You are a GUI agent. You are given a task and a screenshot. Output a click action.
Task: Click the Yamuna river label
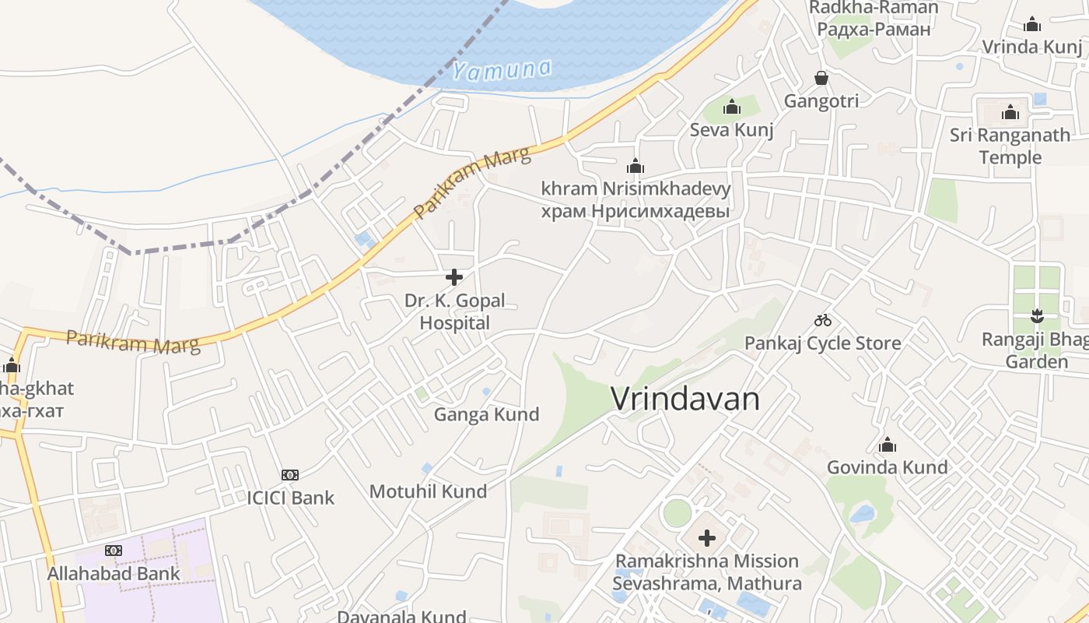click(x=502, y=70)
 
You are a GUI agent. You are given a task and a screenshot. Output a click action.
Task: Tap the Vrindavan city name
click(x=685, y=399)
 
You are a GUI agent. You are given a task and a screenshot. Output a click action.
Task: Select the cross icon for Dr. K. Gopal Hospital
click(x=454, y=276)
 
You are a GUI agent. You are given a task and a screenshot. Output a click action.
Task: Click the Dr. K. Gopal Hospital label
click(x=454, y=311)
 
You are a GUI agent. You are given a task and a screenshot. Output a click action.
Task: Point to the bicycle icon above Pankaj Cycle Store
click(x=823, y=320)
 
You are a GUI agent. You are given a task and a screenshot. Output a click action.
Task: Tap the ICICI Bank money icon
click(x=290, y=474)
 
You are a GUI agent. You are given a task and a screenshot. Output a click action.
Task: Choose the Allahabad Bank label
click(x=114, y=574)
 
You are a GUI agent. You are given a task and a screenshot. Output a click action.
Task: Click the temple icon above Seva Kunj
click(x=732, y=107)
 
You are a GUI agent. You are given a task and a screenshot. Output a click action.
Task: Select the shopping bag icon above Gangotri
click(x=821, y=78)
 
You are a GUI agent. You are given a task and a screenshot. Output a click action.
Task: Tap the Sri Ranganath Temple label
click(x=1010, y=146)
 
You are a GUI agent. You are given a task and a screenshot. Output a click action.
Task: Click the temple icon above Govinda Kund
click(x=888, y=445)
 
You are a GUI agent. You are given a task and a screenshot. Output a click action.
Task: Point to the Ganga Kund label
click(x=486, y=414)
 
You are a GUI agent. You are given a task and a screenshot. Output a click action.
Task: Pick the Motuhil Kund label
click(x=428, y=491)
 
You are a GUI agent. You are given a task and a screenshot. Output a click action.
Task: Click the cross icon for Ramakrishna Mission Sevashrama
click(x=707, y=537)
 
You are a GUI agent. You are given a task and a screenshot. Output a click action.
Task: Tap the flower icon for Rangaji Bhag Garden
click(x=1036, y=316)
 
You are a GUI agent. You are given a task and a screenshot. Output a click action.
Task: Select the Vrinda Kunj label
click(x=1031, y=47)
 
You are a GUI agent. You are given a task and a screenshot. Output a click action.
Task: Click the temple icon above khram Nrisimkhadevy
click(x=636, y=166)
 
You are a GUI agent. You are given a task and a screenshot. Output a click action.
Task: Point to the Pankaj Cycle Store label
click(x=823, y=343)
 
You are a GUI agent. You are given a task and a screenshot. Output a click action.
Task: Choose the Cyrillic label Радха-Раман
click(x=874, y=30)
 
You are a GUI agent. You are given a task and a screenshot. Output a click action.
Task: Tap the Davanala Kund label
click(x=401, y=616)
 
